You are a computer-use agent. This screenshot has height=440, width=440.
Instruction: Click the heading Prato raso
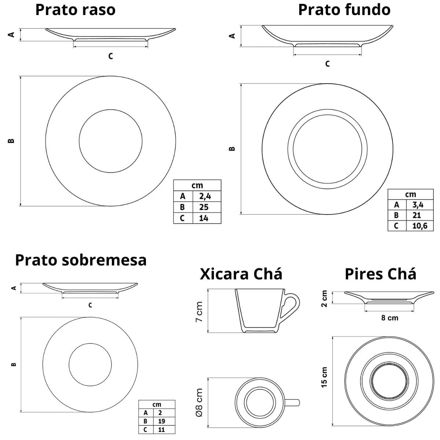(75, 10)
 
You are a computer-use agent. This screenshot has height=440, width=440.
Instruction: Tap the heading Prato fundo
(344, 10)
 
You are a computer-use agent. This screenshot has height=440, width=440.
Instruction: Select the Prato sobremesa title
(81, 260)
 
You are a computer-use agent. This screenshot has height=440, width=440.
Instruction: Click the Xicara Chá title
(241, 274)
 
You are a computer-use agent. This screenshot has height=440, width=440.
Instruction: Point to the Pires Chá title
(380, 274)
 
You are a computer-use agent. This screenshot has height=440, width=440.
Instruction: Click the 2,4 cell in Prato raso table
(205, 196)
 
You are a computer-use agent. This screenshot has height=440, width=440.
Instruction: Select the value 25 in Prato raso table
(204, 207)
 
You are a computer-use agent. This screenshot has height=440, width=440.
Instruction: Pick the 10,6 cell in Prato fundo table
(419, 225)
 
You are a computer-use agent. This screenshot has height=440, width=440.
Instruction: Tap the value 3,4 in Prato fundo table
(418, 205)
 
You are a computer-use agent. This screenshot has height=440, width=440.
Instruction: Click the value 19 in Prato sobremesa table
(161, 421)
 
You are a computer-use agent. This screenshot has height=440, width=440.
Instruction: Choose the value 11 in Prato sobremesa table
(161, 430)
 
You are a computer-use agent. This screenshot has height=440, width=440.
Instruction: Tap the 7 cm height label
(199, 312)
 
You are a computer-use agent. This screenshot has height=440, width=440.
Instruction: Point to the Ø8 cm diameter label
(199, 403)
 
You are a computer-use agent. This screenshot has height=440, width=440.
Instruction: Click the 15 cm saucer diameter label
(324, 377)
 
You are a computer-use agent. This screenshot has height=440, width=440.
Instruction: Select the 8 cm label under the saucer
(389, 318)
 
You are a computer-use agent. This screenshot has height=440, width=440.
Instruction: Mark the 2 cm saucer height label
(324, 298)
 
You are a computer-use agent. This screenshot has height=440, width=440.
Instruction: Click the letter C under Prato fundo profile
(327, 64)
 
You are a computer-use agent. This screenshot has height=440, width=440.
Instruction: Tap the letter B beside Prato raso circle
(11, 141)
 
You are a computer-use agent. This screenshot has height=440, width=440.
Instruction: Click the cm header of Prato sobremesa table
(157, 404)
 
